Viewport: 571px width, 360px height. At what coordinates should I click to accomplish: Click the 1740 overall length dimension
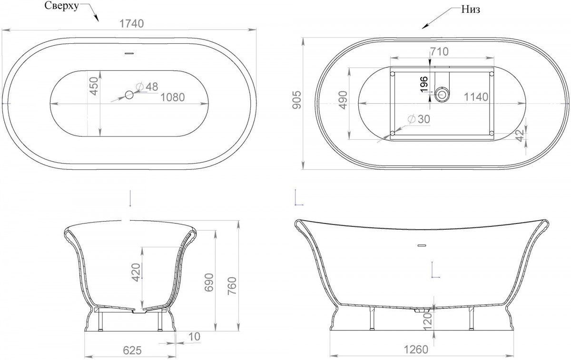pyautogui.click(x=131, y=24)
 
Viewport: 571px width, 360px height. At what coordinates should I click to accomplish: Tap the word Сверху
pyautogui.click(x=61, y=6)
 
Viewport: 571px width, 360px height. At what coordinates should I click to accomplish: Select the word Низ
pyautogui.click(x=471, y=10)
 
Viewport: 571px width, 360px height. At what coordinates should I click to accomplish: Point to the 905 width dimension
pyautogui.click(x=297, y=100)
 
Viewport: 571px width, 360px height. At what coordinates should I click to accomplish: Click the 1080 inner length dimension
pyautogui.click(x=173, y=97)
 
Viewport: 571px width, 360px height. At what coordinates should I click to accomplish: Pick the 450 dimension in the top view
pyautogui.click(x=94, y=86)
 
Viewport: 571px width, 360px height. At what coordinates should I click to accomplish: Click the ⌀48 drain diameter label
pyautogui.click(x=148, y=87)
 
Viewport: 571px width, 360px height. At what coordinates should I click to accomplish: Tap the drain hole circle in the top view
pyautogui.click(x=129, y=95)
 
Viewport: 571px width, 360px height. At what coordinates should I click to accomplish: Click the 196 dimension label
pyautogui.click(x=424, y=84)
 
